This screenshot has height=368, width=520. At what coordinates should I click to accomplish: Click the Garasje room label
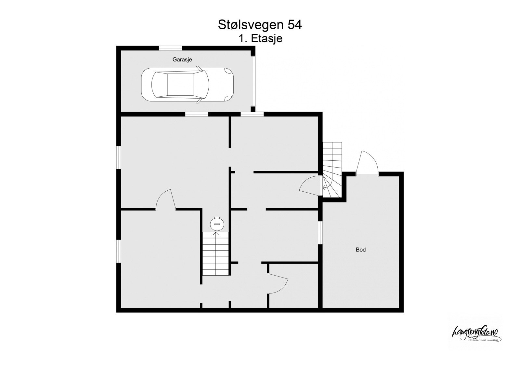coord(182,60)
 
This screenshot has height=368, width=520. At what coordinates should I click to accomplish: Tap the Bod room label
coord(361,250)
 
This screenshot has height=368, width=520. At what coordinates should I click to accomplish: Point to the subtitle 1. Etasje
coord(260,39)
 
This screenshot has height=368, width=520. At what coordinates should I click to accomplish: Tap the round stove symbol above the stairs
coord(217,224)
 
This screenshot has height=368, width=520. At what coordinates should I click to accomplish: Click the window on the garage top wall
coord(170,48)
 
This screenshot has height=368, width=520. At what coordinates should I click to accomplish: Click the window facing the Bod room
coord(320,233)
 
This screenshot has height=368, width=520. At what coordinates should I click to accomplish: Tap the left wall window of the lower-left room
coord(119,252)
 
